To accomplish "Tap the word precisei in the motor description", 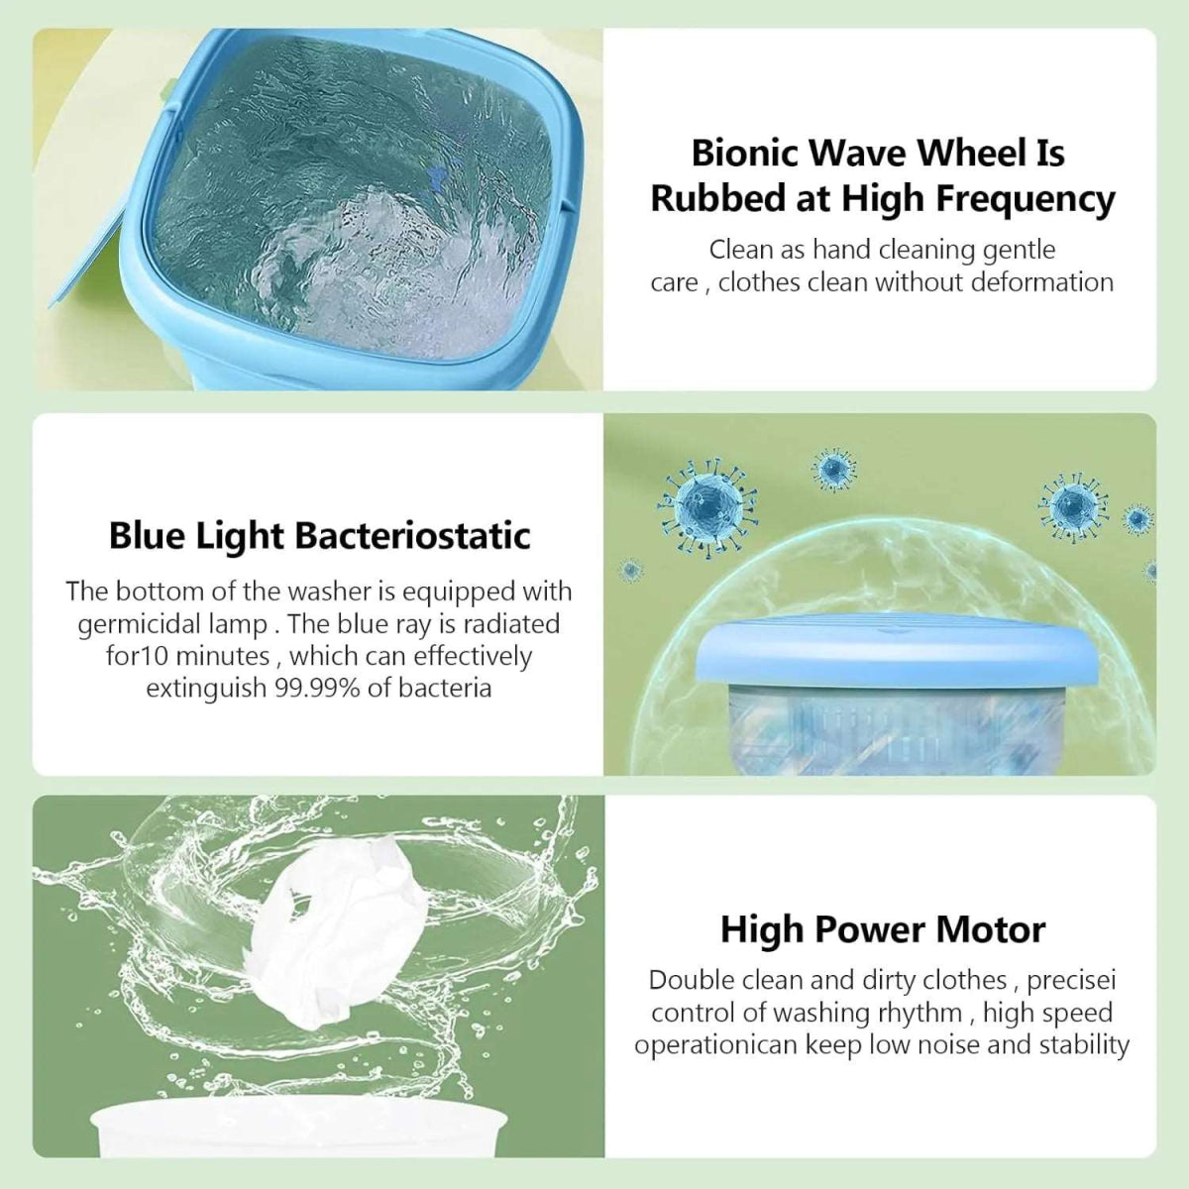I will pos(1072,980).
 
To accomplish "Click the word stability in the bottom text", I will pos(1084,1045).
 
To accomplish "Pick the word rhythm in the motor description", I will pos(921,1013).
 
